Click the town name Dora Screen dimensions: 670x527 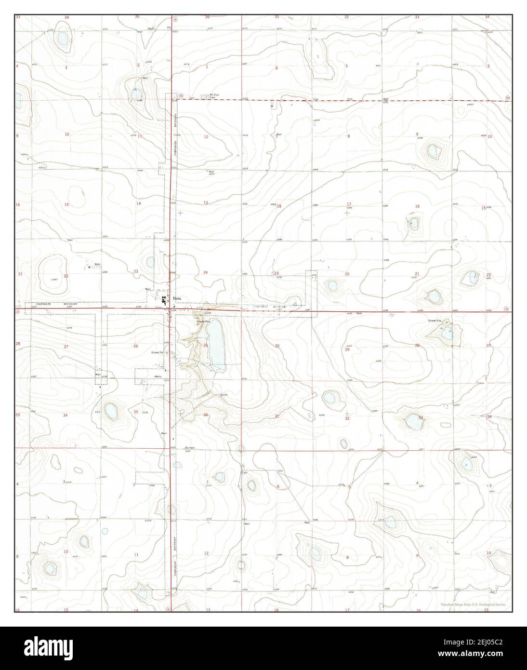[178, 298]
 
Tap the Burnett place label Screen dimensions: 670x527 [189, 448]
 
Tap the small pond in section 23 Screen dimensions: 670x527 [150, 262]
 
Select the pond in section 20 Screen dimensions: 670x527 [331, 285]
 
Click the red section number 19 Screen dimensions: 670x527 [277, 273]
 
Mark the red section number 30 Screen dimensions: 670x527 [277, 346]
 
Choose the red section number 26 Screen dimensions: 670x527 [136, 346]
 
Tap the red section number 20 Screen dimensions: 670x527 [347, 274]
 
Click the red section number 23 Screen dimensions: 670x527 [136, 272]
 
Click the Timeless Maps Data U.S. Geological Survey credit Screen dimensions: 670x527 [473, 604]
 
